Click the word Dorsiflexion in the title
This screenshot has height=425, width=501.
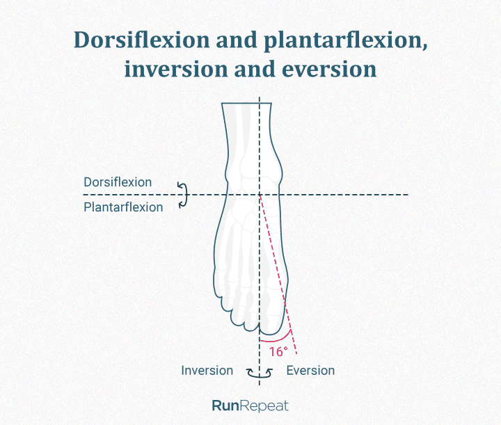point(142,40)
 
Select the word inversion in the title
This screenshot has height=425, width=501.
point(175,70)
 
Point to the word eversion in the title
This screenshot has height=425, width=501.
point(329,70)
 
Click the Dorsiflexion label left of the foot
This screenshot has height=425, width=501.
point(118,182)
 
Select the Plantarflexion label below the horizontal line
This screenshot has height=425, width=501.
point(123,207)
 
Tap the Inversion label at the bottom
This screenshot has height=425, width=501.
point(207,371)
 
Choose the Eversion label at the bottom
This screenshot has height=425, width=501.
point(310,371)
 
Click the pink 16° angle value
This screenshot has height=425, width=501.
point(278,351)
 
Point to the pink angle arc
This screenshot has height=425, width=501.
point(276,340)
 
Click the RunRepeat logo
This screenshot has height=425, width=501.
point(250,406)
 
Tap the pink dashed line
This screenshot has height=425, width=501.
point(278,275)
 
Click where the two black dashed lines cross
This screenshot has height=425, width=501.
point(260,195)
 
